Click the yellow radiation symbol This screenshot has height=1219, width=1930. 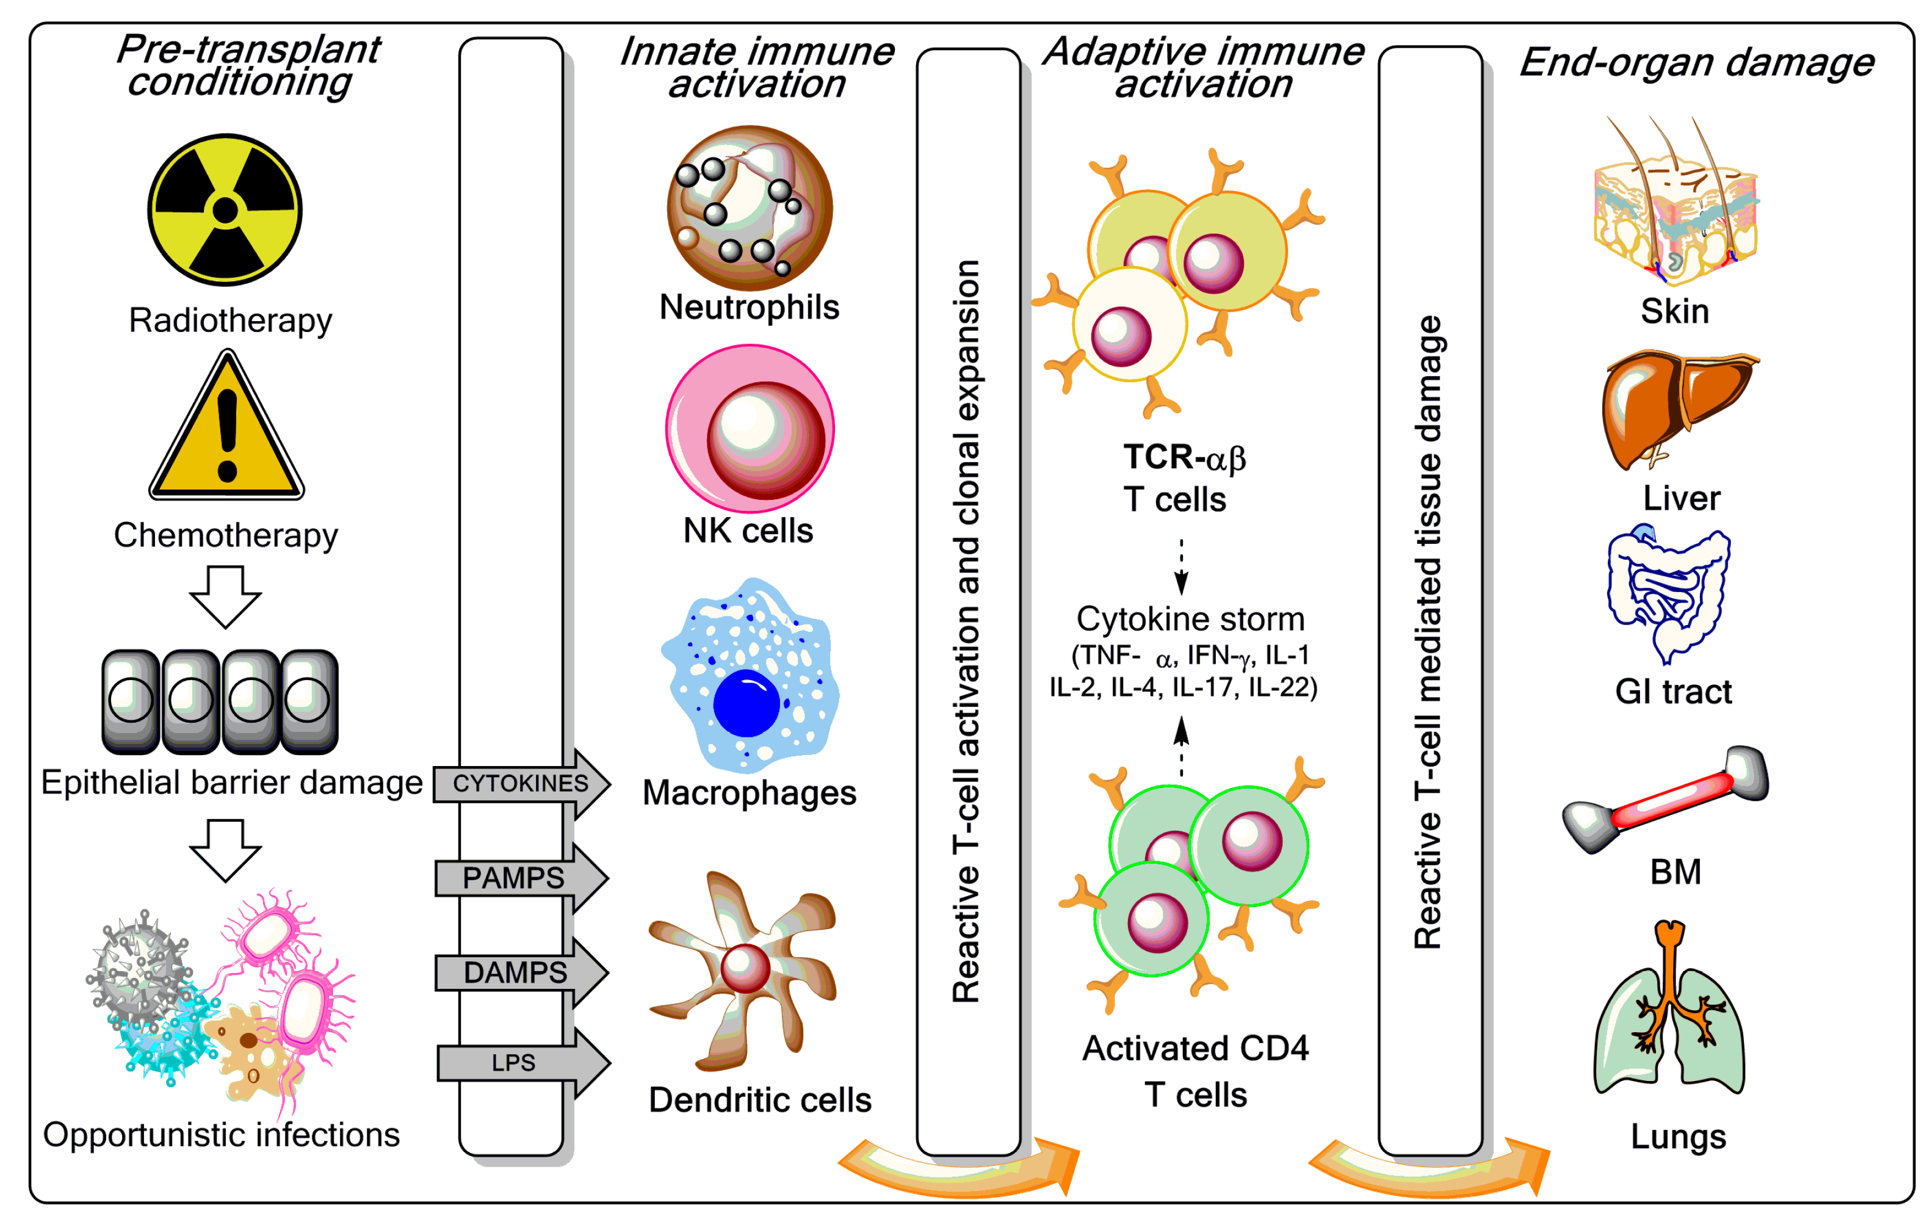[225, 210]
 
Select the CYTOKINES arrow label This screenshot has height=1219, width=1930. [520, 783]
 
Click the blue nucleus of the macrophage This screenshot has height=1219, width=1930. [745, 703]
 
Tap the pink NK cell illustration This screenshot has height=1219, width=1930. [750, 429]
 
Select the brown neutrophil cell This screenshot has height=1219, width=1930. [750, 208]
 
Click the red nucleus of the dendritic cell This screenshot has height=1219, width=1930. [745, 968]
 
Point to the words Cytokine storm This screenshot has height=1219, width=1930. [1190, 620]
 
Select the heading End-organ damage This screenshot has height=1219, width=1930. [1696, 62]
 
